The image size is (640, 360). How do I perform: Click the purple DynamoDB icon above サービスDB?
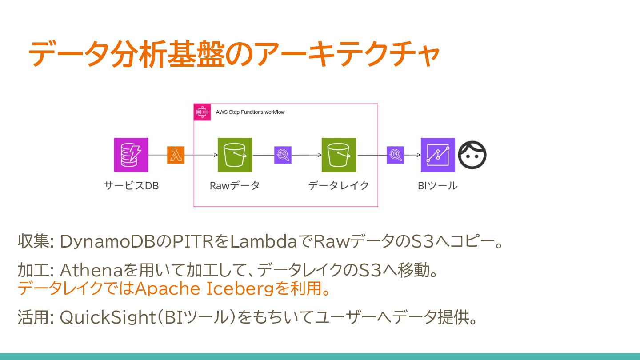click(131, 155)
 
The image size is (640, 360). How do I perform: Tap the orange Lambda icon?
click(176, 155)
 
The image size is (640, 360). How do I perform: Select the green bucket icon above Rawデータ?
click(235, 155)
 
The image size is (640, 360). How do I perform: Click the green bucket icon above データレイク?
click(339, 155)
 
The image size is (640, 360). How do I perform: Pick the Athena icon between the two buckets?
click(283, 155)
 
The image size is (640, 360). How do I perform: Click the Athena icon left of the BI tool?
click(395, 155)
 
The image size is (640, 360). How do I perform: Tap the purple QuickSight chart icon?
click(438, 155)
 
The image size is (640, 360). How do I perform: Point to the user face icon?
click(472, 155)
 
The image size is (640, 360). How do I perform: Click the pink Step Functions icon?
click(203, 112)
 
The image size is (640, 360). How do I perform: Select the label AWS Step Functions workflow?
click(250, 112)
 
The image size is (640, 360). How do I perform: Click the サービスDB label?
click(131, 186)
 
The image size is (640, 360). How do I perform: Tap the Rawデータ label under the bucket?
click(235, 186)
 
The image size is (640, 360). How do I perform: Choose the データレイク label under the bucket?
click(339, 186)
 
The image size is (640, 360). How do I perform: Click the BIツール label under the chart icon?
click(437, 186)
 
